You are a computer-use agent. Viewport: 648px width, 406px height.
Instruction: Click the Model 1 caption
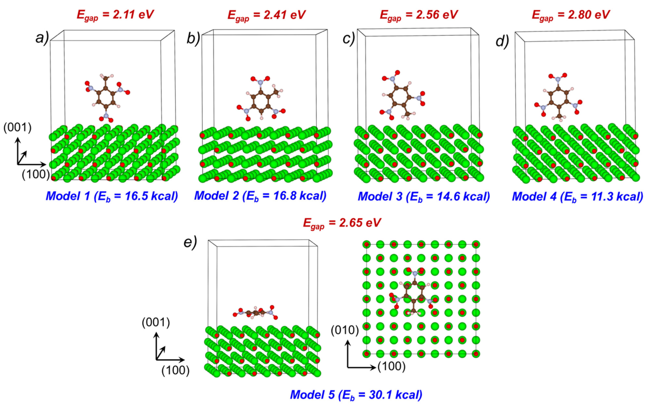pyautogui.click(x=112, y=196)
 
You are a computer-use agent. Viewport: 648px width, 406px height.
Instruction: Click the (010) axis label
pyautogui.click(x=345, y=330)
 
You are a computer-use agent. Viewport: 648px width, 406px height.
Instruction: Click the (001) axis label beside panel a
pyautogui.click(x=18, y=128)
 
